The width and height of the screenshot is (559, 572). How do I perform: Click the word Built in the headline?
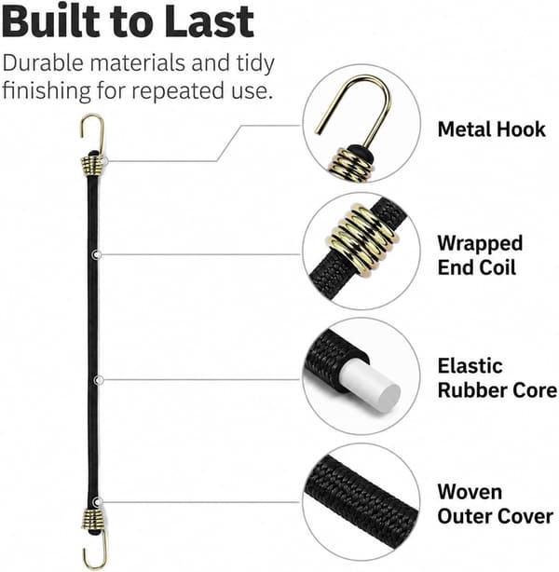coord(50,20)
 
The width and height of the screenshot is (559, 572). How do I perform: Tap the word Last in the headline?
coord(209,20)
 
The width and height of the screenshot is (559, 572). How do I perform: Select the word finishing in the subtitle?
coord(47,91)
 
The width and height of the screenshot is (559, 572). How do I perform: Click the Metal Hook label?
coord(491,129)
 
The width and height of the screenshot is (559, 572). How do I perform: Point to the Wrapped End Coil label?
coord(480,255)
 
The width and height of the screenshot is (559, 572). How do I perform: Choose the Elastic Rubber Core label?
coord(497,378)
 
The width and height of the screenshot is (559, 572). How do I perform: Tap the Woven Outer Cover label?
coord(495,504)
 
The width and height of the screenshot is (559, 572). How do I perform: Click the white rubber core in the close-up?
coord(370,386)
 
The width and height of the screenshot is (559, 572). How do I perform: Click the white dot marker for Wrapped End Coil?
coord(97,254)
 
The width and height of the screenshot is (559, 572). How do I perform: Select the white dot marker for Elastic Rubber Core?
coord(98,380)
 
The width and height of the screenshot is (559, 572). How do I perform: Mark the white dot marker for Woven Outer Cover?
coord(97,502)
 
